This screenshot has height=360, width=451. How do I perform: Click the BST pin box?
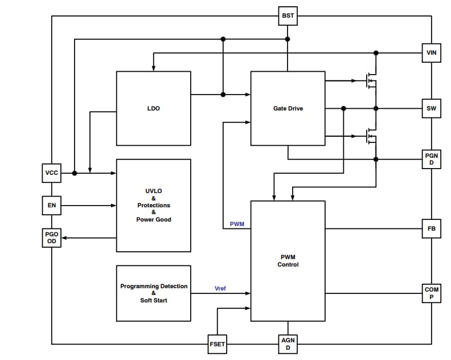[x=288, y=16]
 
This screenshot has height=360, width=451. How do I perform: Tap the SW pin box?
[x=431, y=108]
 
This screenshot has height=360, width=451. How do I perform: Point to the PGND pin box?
[x=431, y=159]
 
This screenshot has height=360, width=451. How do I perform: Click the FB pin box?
[x=431, y=229]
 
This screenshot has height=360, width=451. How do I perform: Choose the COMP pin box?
[x=431, y=293]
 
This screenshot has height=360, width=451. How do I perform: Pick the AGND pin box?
[x=288, y=344]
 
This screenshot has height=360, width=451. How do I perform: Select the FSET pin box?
[x=217, y=344]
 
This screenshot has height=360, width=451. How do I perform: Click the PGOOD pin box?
[x=52, y=238]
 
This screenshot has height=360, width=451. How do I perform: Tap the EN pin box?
[x=52, y=205]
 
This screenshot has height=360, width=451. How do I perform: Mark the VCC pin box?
[x=52, y=173]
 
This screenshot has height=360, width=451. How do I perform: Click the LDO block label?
[x=153, y=108]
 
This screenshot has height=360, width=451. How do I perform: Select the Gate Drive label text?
[x=288, y=108]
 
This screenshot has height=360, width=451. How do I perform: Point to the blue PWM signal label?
[x=237, y=224]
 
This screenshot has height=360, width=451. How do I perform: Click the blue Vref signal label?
[x=220, y=288]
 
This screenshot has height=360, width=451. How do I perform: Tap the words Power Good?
[x=153, y=219]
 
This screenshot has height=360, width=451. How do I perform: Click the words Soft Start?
[x=153, y=300]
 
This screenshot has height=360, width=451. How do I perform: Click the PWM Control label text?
[x=288, y=260]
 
